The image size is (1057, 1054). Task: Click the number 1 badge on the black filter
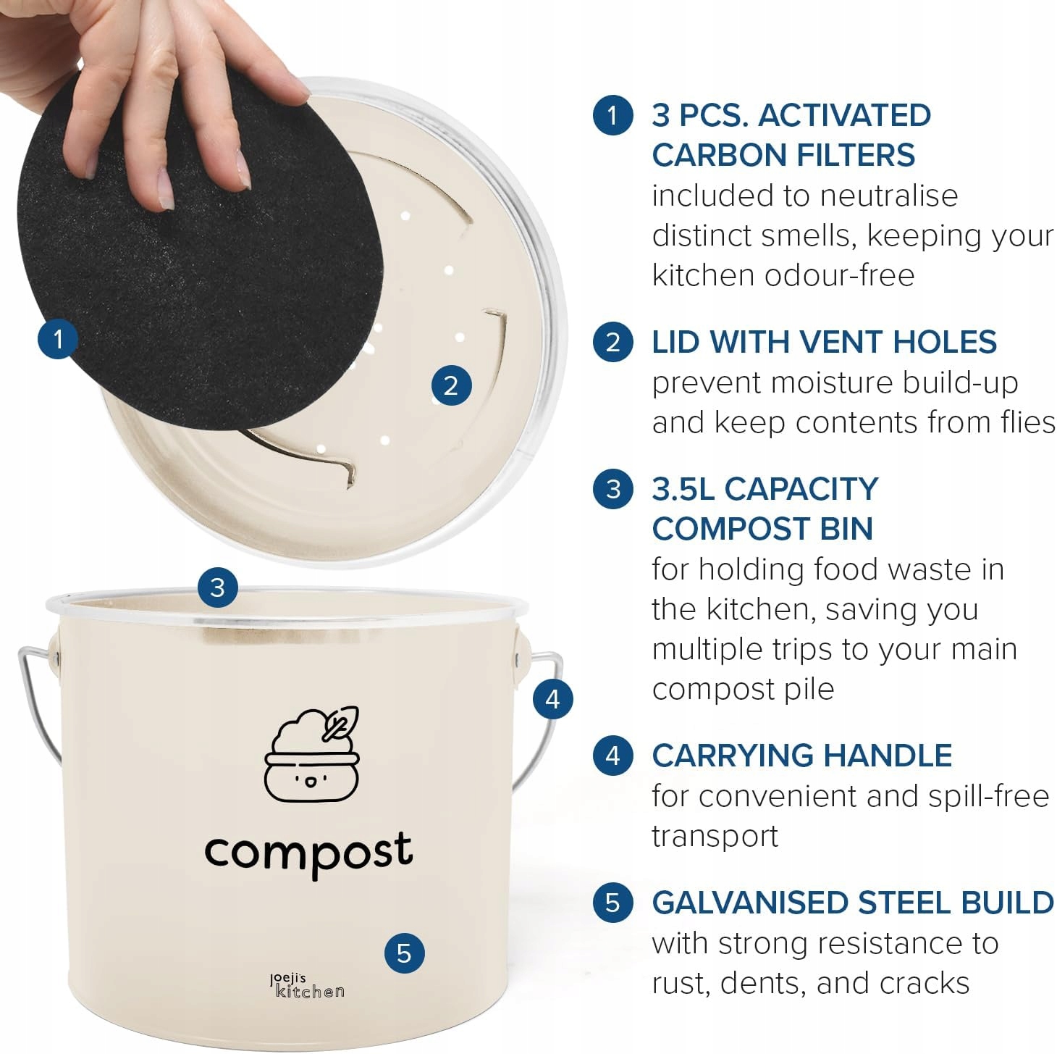click(x=58, y=339)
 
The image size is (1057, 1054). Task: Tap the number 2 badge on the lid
click(x=451, y=385)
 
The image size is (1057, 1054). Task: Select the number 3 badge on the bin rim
click(x=218, y=587)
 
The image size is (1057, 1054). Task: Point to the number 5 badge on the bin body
click(x=404, y=953)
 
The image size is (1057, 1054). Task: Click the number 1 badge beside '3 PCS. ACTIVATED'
click(x=612, y=115)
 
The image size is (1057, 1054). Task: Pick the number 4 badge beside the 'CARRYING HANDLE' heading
click(x=612, y=756)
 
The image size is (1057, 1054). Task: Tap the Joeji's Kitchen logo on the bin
click(x=307, y=985)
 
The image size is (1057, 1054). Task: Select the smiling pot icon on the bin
click(x=311, y=754)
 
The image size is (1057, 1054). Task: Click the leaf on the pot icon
click(x=340, y=723)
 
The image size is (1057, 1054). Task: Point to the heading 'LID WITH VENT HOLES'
click(x=824, y=342)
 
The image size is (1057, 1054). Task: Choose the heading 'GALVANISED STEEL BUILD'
click(x=852, y=903)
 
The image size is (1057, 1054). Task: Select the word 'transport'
click(x=715, y=837)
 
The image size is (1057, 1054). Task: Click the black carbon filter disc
click(x=201, y=258)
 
